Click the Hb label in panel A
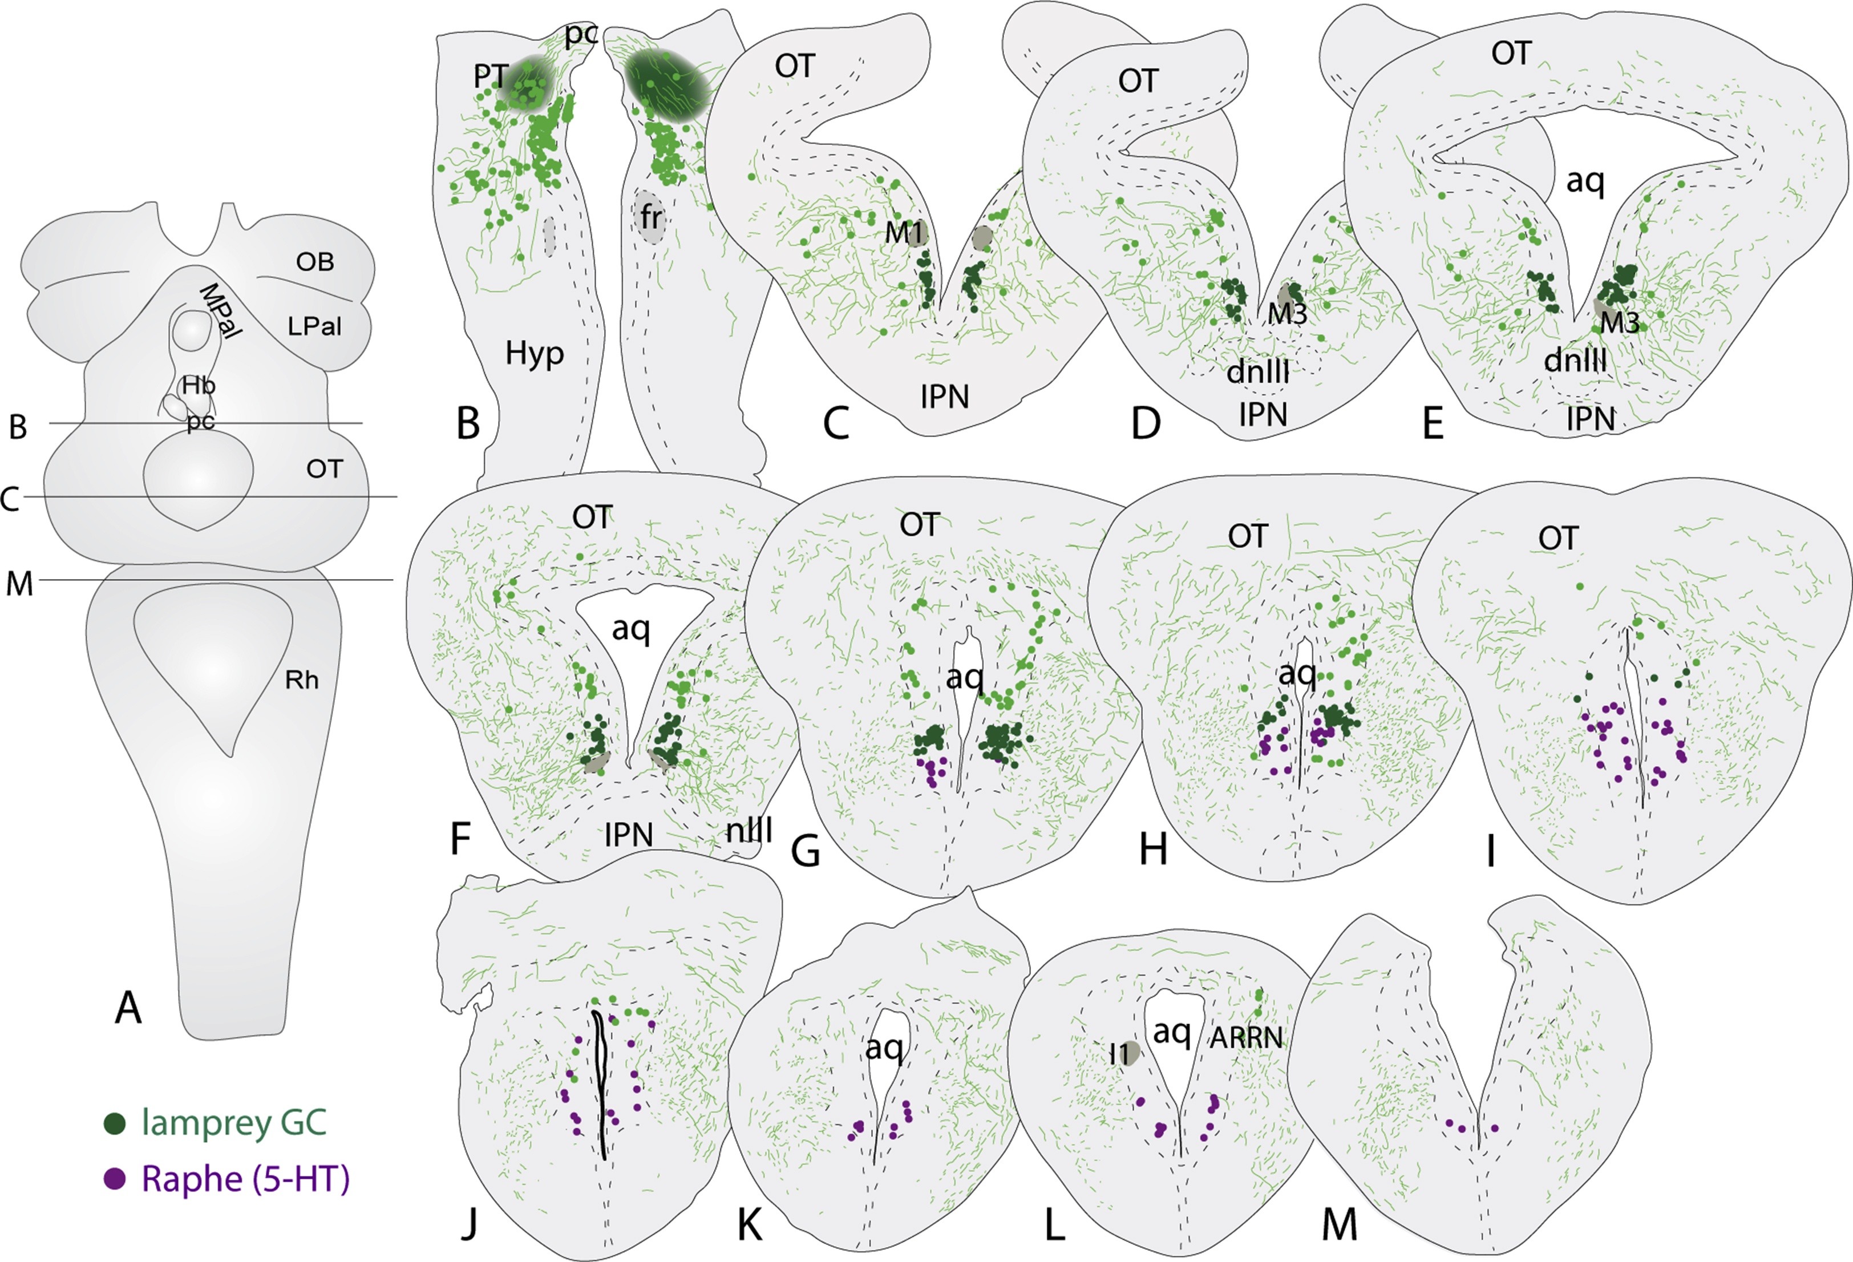pos(198,386)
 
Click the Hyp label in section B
pos(534,353)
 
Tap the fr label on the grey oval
pos(652,217)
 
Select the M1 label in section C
pos(903,233)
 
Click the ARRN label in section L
pos(1246,1037)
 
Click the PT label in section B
pos(489,76)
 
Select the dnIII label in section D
pos(1257,371)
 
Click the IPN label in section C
pos(944,396)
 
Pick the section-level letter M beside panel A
pos(20,584)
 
